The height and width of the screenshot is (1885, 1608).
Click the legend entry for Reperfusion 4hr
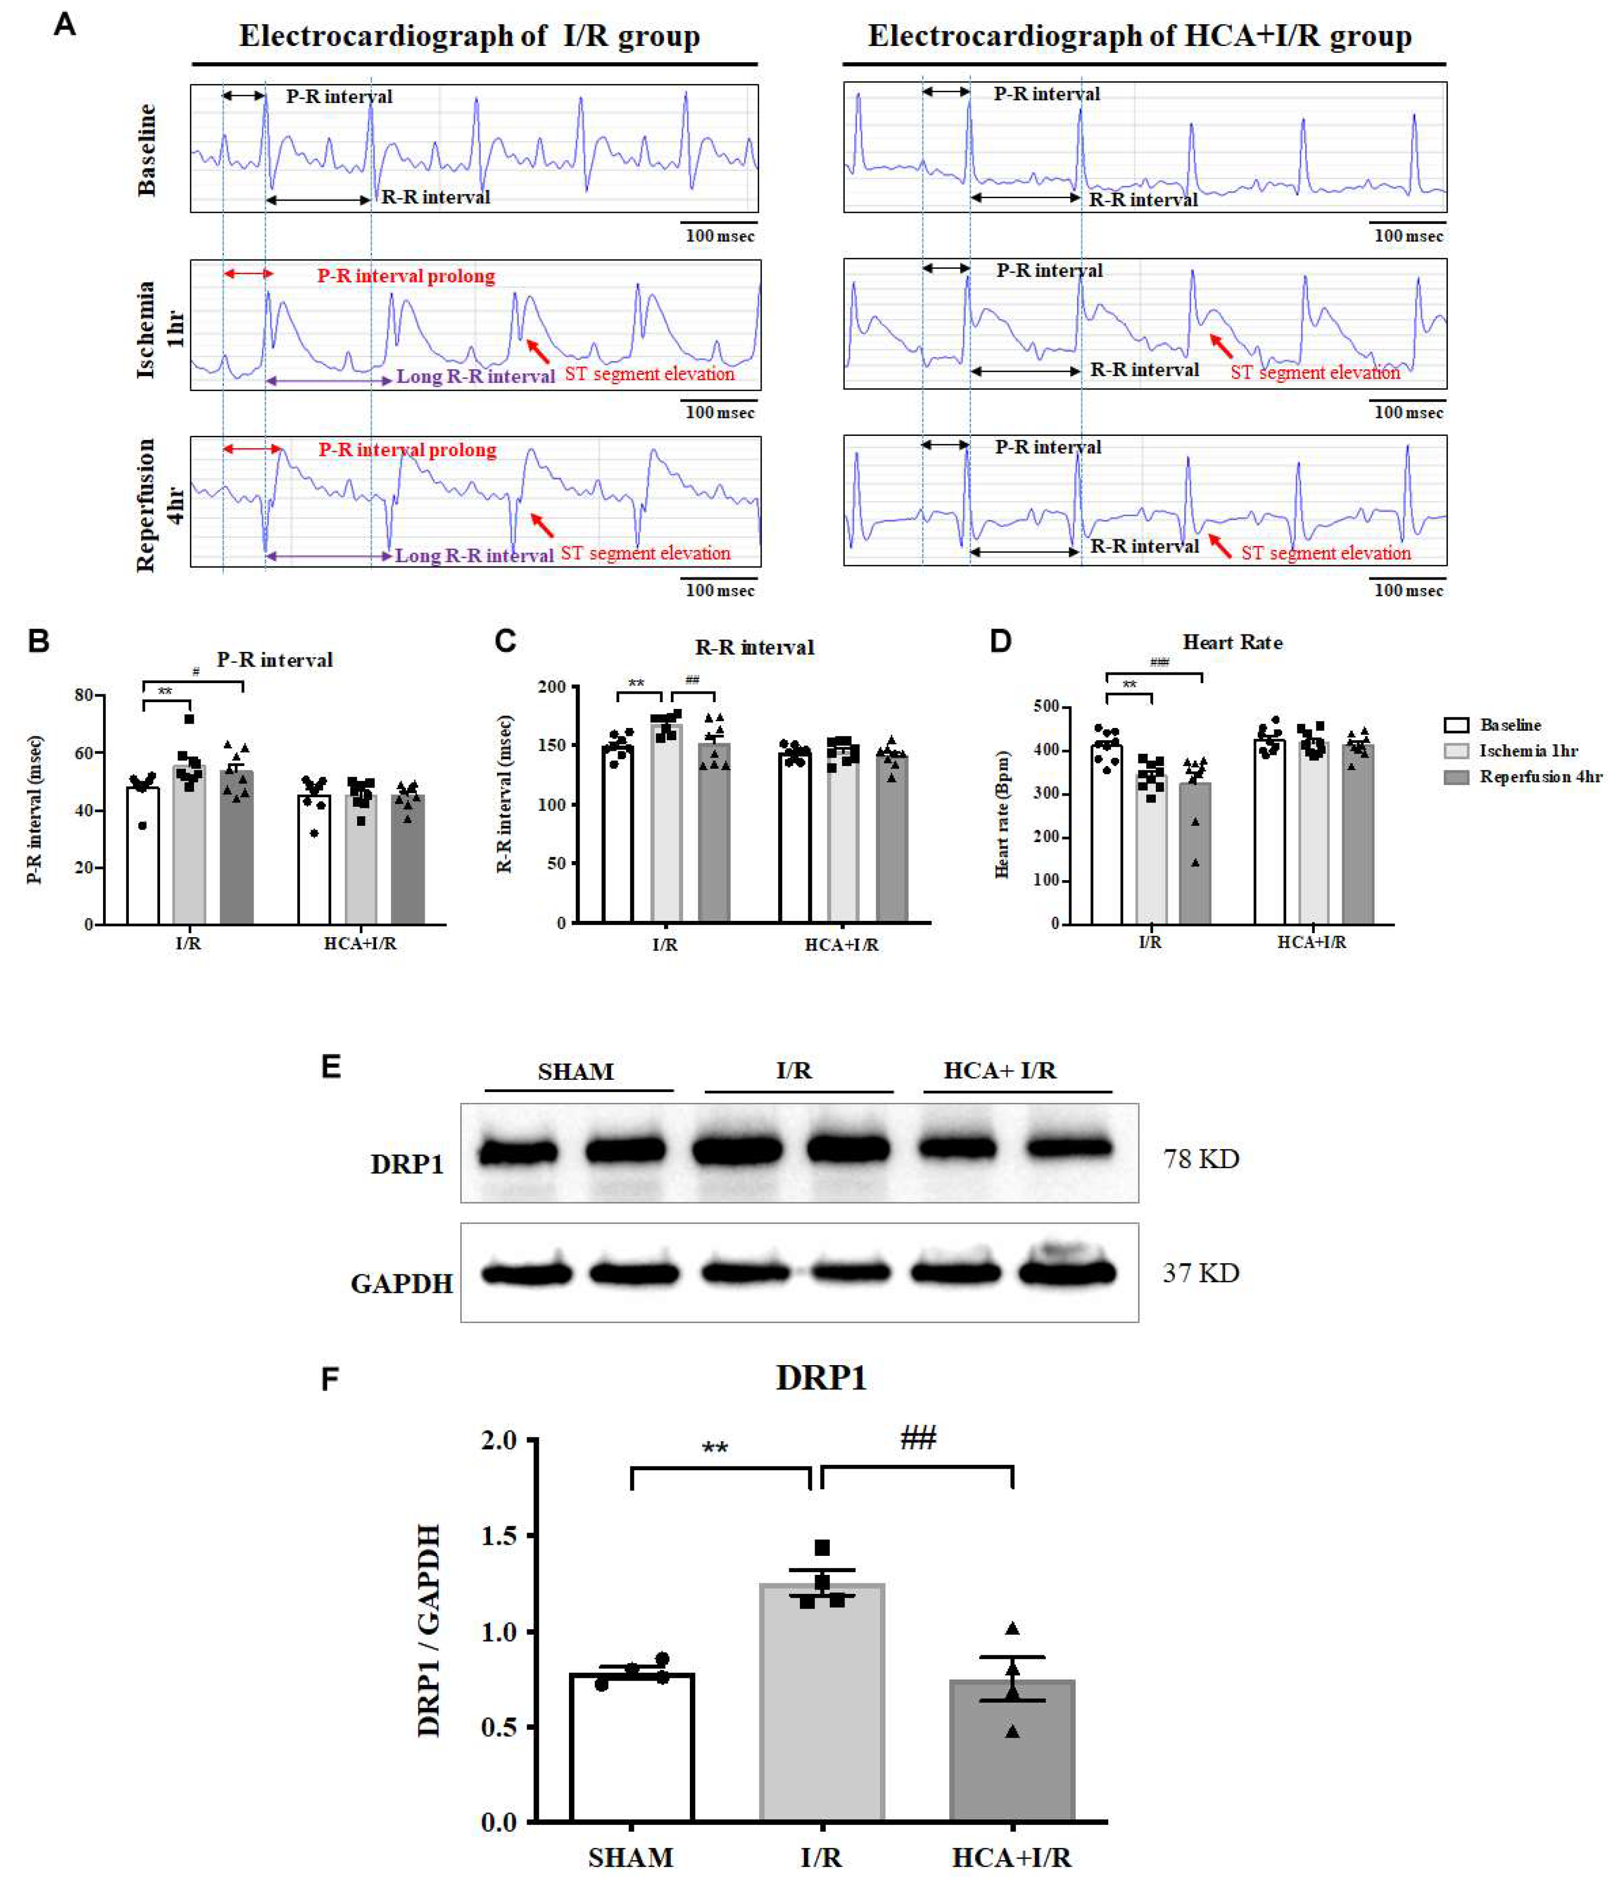[1539, 777]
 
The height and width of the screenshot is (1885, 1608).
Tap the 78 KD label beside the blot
[1201, 1159]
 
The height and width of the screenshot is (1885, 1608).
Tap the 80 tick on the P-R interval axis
[83, 695]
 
